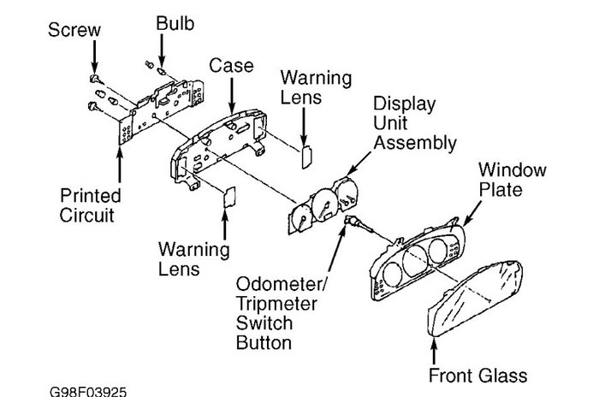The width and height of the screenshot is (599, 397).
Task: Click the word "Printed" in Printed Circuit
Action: [x=88, y=195]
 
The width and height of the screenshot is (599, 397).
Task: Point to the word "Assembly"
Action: [x=418, y=143]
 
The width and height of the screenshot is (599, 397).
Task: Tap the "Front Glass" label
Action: [x=478, y=375]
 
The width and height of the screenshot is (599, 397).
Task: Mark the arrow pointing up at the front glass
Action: [x=437, y=351]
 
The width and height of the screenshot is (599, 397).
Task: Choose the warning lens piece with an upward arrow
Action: [x=227, y=199]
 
